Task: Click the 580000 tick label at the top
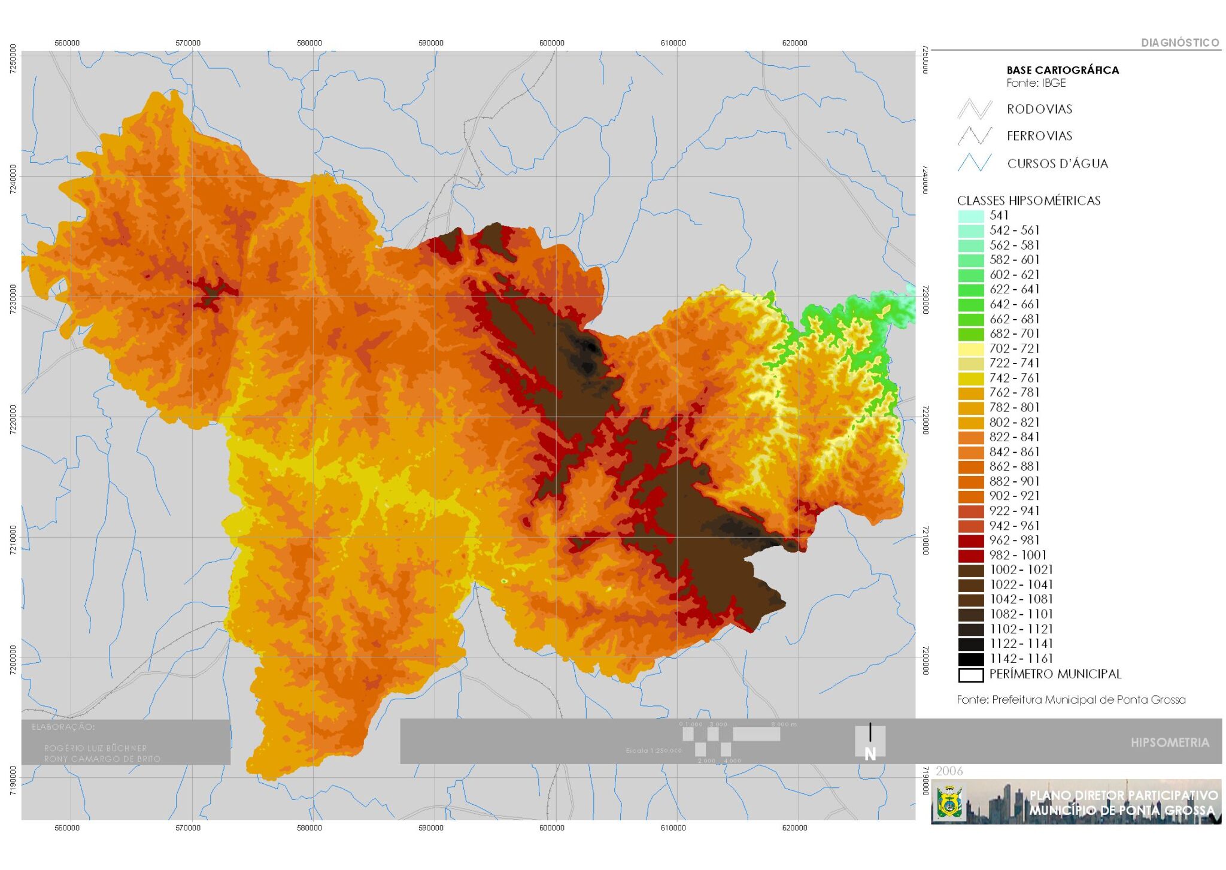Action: (x=309, y=43)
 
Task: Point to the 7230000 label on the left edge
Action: (x=13, y=296)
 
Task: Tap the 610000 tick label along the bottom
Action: (x=673, y=827)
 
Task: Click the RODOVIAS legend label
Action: (x=1039, y=109)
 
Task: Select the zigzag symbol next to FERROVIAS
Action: (x=975, y=136)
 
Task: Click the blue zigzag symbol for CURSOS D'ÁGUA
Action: (x=975, y=163)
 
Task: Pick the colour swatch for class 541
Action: (x=970, y=216)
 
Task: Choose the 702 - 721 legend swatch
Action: (x=970, y=349)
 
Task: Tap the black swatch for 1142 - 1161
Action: (x=970, y=659)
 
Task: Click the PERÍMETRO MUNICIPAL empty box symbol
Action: (x=970, y=675)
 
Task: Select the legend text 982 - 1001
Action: (x=1018, y=555)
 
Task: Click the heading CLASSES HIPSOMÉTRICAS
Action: (x=1028, y=201)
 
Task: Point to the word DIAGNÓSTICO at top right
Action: (x=1179, y=43)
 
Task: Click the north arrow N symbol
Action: (x=870, y=742)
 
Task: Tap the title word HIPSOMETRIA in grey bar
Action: (x=1170, y=742)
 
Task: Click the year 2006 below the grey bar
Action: (x=949, y=771)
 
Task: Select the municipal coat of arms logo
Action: (x=949, y=802)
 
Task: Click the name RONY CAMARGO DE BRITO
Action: (x=102, y=759)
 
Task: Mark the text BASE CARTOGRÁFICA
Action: (x=1063, y=70)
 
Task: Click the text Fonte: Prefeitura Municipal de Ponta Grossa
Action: (x=1071, y=699)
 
